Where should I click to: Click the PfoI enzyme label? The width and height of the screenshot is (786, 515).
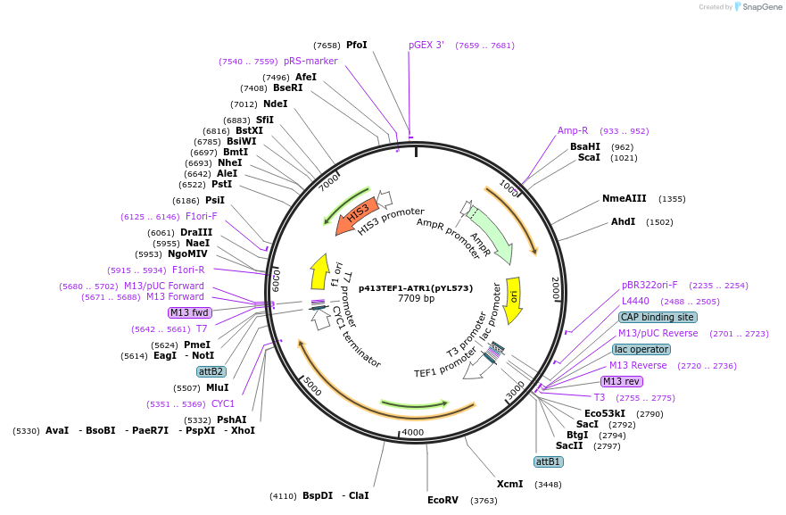click(357, 45)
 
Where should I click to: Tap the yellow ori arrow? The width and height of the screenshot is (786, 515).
click(513, 297)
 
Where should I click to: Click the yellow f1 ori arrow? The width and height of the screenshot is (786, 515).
click(319, 271)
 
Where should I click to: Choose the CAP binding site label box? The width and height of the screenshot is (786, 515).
click(658, 317)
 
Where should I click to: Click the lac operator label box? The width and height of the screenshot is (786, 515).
click(641, 349)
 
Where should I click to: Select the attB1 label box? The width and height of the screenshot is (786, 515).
click(548, 461)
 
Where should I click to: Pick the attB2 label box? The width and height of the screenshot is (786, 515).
click(211, 371)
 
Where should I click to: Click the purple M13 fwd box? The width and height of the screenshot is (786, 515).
click(189, 312)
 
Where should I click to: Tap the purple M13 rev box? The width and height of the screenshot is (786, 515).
click(622, 381)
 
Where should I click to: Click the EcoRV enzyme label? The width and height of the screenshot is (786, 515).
click(443, 500)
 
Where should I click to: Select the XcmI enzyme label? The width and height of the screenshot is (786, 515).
click(509, 484)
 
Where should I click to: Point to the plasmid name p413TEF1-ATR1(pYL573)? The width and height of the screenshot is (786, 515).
click(416, 288)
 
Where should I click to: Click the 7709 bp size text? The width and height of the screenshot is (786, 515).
click(416, 299)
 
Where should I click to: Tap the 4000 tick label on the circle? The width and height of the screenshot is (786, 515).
click(412, 432)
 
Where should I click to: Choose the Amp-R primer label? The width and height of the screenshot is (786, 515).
click(573, 130)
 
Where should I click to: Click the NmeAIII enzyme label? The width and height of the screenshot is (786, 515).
click(625, 198)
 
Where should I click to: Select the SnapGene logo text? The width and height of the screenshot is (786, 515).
click(760, 7)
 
